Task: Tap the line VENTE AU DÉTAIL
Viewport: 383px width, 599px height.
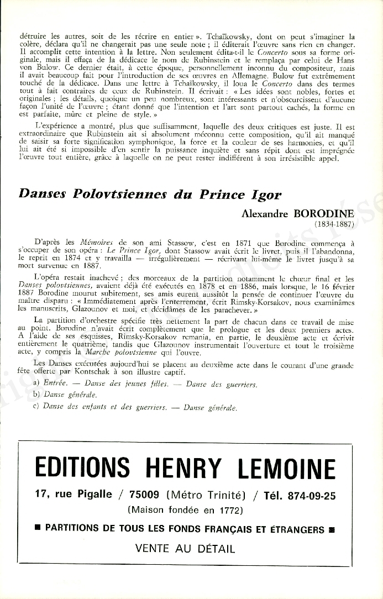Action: (x=185, y=549)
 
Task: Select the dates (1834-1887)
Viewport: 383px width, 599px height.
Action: (x=334, y=225)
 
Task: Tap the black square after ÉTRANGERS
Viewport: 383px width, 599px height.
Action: (x=331, y=529)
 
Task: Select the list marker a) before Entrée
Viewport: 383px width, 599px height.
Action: (x=36, y=383)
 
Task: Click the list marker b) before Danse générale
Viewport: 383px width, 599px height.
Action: (x=36, y=395)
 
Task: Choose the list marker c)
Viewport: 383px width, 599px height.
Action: (x=36, y=407)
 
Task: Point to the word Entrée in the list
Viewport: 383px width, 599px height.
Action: (x=55, y=383)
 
